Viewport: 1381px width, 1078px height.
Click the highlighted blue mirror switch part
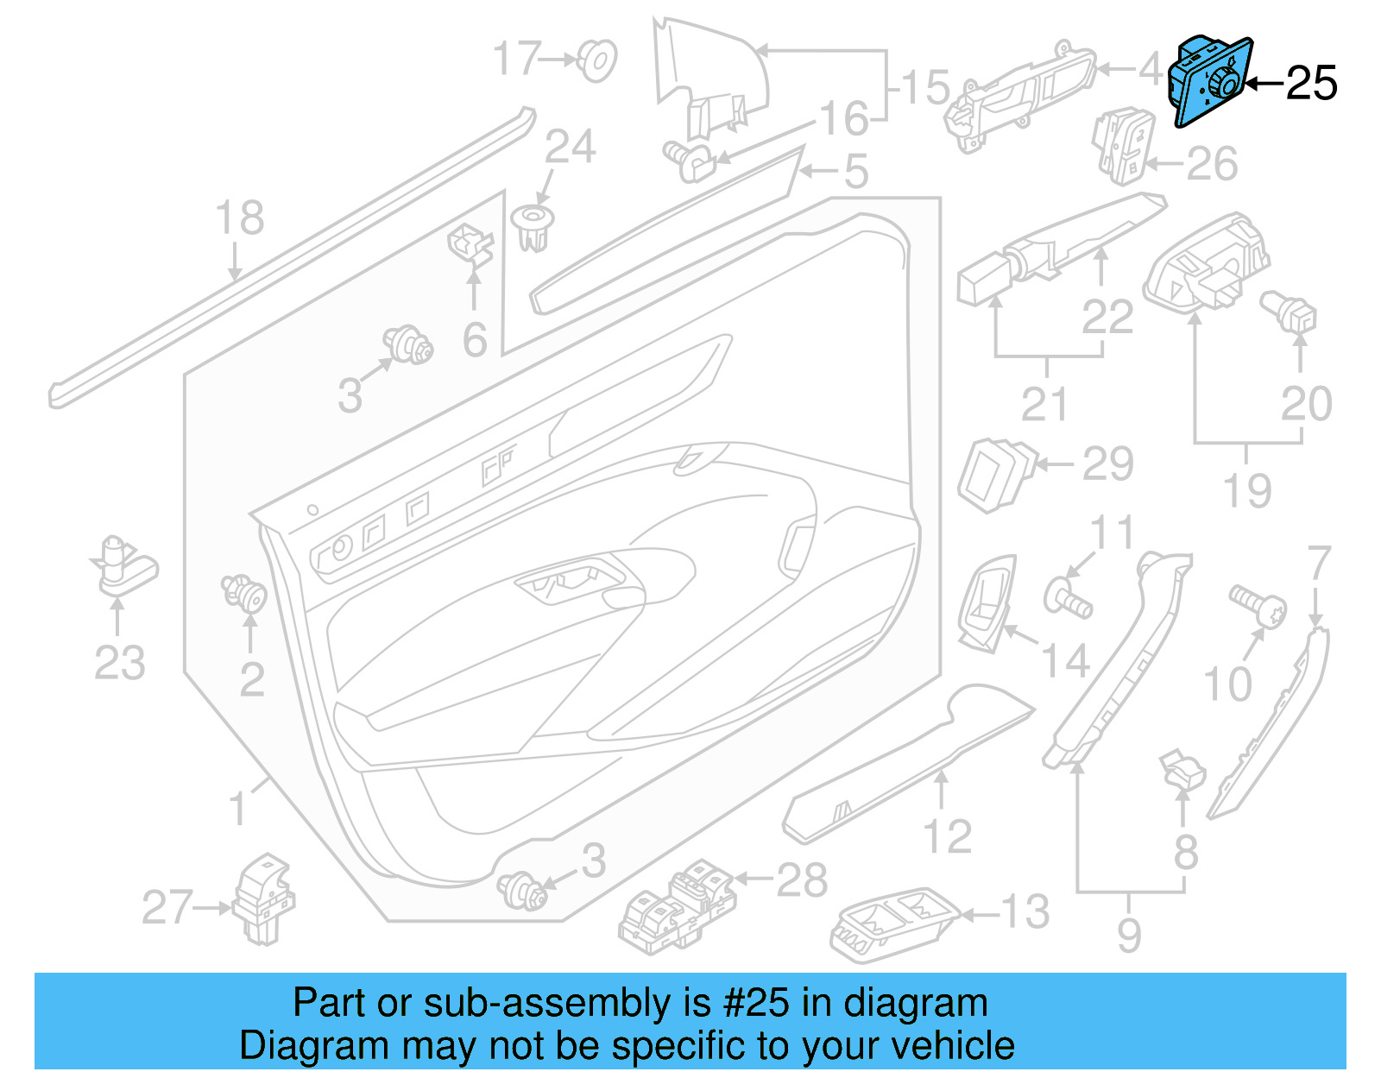pos(1208,83)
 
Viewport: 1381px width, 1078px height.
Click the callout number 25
pos(1311,84)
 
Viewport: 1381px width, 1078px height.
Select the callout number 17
pos(517,59)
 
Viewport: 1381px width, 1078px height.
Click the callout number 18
pos(239,217)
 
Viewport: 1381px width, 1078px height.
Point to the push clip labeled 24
pos(533,226)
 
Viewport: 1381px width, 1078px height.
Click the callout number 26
pos(1212,163)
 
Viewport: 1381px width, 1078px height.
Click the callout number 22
pos(1107,317)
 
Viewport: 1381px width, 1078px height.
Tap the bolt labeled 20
pos(1289,312)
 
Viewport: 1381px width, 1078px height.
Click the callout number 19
pos(1247,490)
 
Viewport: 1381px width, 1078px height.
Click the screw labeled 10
pos(1257,606)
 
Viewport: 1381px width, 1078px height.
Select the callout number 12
pos(947,835)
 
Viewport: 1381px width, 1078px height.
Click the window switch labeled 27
pos(263,899)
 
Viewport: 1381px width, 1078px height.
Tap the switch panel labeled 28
pos(678,906)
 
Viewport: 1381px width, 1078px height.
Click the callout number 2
pos(251,680)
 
